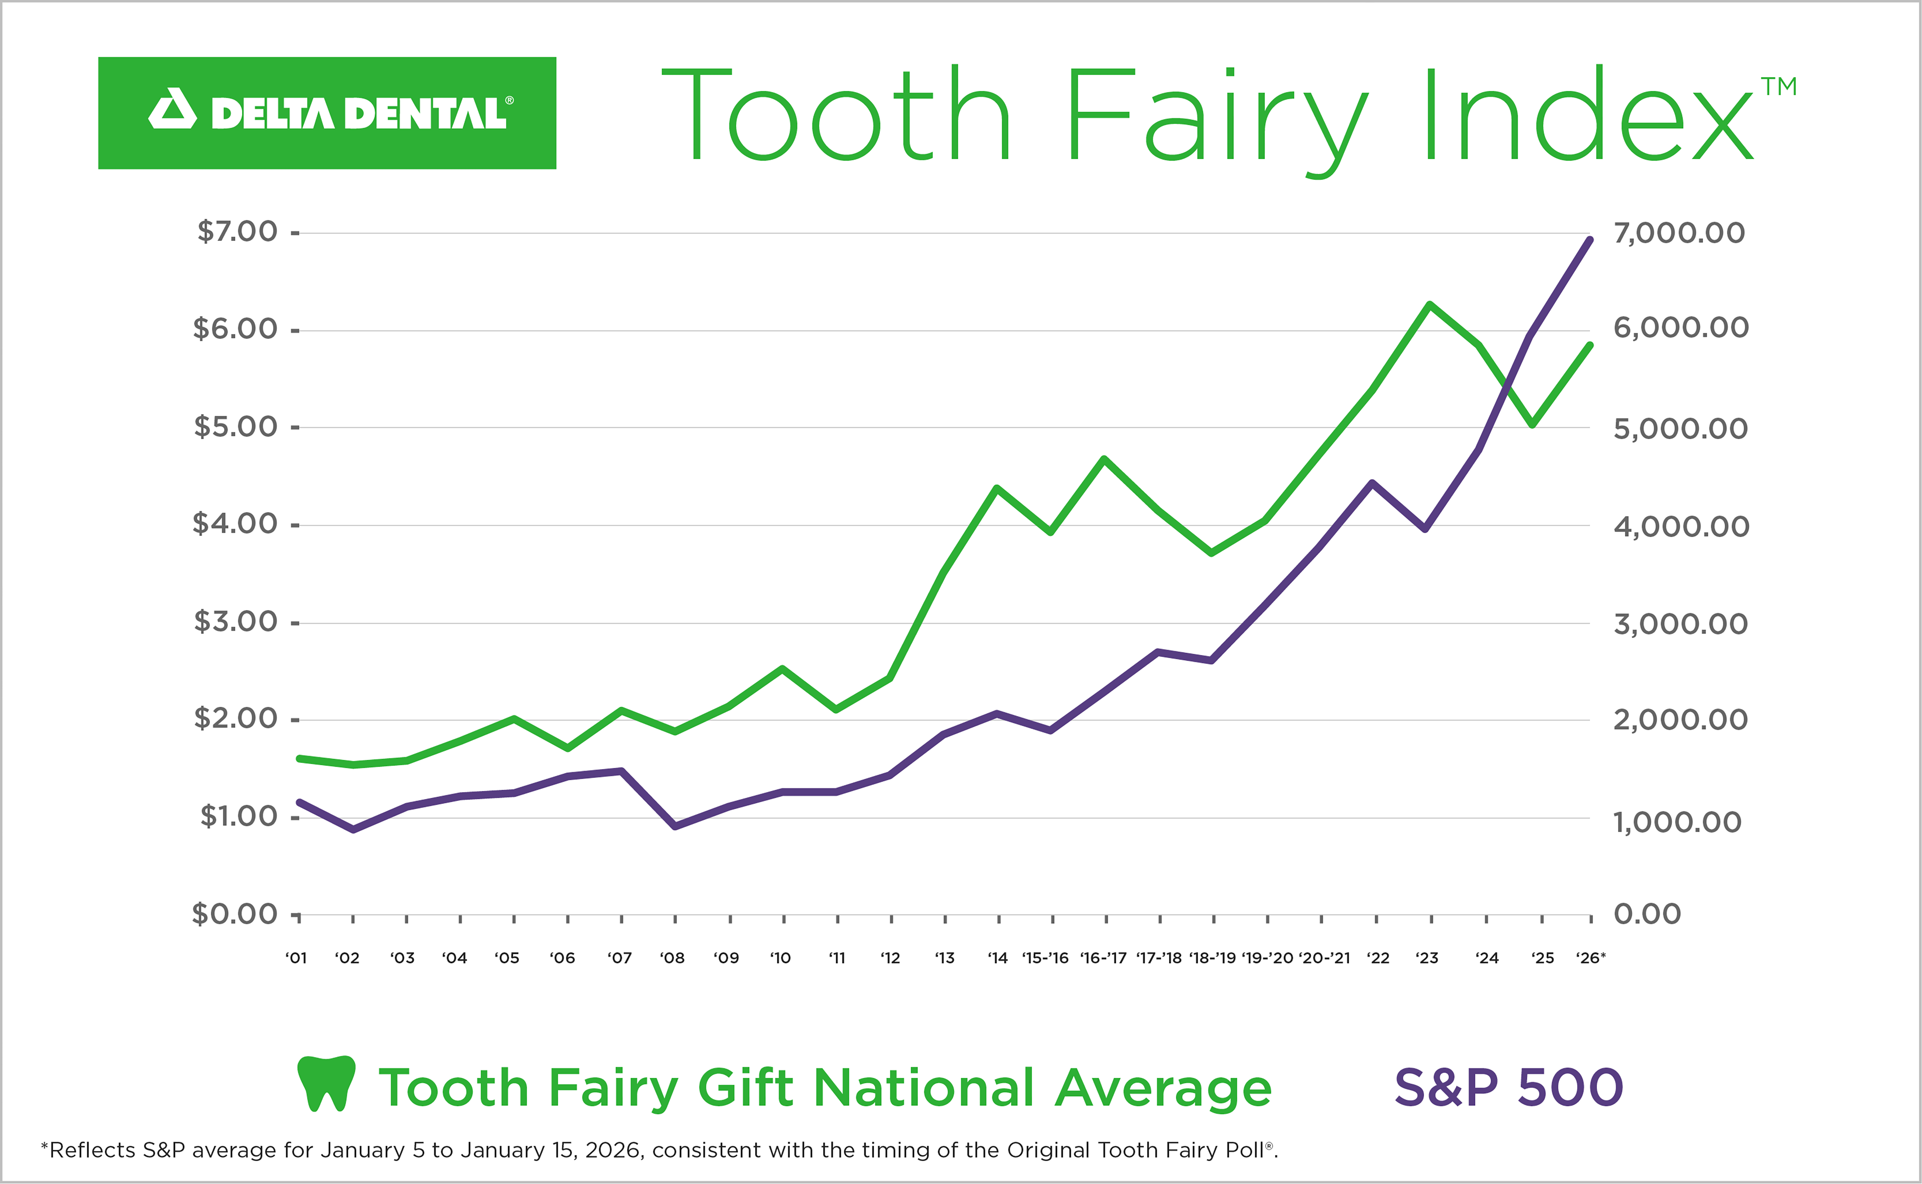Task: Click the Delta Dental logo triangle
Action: pyautogui.click(x=172, y=110)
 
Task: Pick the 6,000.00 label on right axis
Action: pyautogui.click(x=1680, y=328)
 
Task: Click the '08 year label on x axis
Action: pyautogui.click(x=672, y=958)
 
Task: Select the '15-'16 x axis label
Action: pyautogui.click(x=1046, y=958)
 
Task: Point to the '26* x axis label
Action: pyautogui.click(x=1590, y=958)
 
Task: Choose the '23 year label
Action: pyautogui.click(x=1427, y=958)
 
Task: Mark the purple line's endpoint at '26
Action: pyautogui.click(x=1589, y=240)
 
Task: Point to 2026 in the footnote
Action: pyautogui.click(x=614, y=1150)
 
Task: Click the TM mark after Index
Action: pyautogui.click(x=1779, y=86)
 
